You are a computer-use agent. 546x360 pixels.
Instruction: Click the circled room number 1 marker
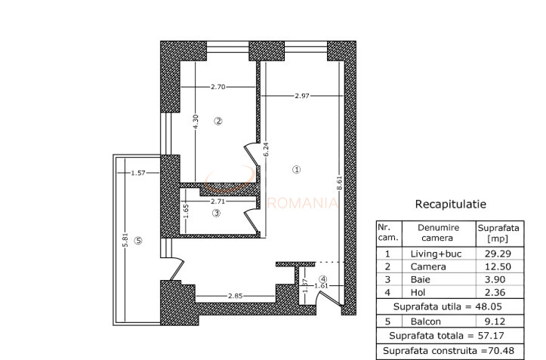[x=296, y=170]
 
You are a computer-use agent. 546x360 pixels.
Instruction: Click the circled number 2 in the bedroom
[x=217, y=121]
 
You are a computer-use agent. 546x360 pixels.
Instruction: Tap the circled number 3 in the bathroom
[x=215, y=214]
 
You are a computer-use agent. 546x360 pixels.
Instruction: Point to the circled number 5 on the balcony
[x=137, y=241]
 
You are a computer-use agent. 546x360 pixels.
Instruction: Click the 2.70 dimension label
[x=218, y=88]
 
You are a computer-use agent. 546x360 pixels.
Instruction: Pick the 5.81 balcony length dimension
[x=125, y=241]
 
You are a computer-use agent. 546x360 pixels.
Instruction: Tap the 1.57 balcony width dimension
[x=137, y=173]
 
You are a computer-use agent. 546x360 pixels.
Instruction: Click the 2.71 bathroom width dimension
[x=217, y=202]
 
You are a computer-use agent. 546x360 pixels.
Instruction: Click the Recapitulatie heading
[x=451, y=204]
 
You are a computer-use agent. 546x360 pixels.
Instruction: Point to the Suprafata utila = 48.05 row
[x=451, y=307]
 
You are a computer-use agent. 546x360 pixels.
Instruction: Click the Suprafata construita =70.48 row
[x=451, y=351]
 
